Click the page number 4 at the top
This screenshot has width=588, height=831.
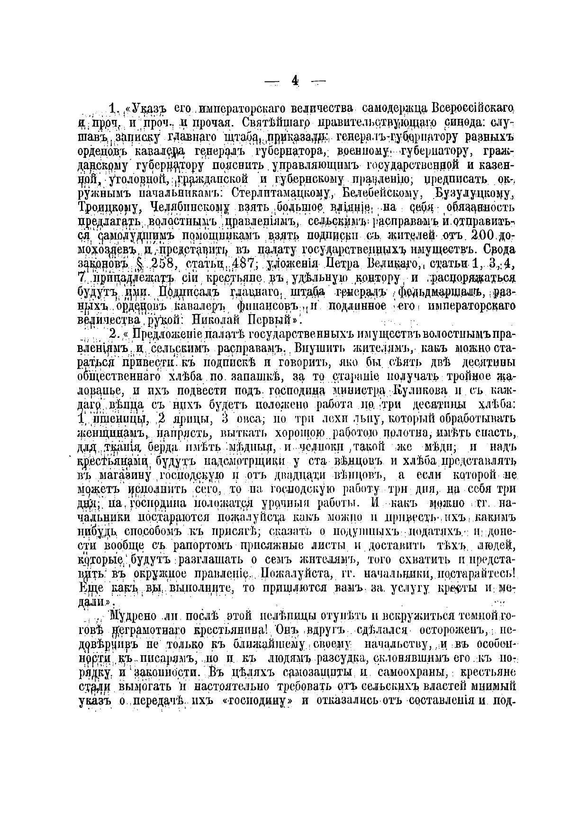click(295, 81)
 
